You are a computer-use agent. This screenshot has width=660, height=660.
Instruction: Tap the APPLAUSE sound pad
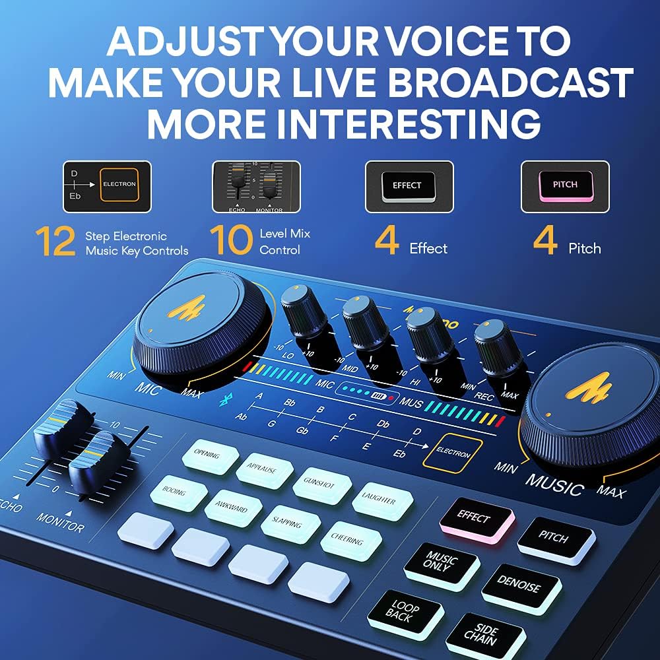click(264, 471)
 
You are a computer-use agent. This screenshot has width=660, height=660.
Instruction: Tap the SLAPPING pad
click(290, 525)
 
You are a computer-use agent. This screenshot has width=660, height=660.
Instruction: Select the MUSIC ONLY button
click(442, 565)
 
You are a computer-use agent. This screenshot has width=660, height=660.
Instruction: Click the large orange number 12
click(56, 242)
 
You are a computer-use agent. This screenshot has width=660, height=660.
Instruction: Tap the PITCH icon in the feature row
click(565, 186)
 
